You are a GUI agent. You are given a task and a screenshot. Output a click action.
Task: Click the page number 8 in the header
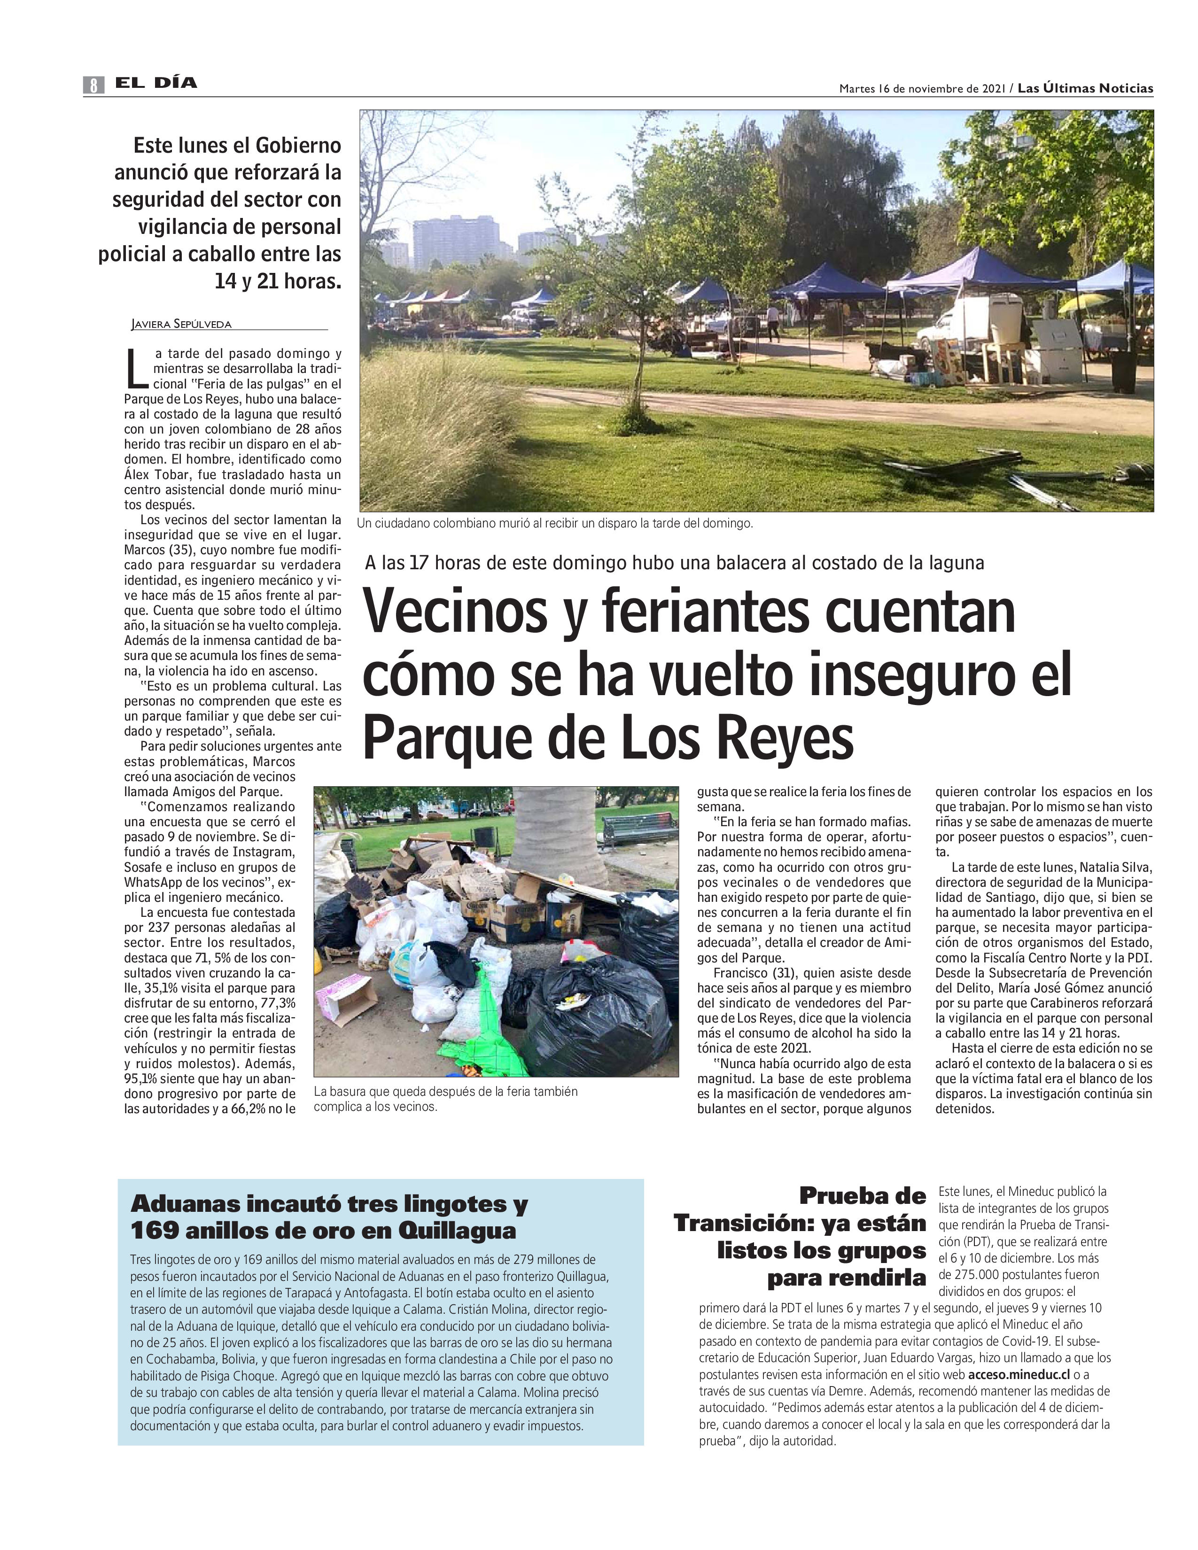pyautogui.click(x=93, y=85)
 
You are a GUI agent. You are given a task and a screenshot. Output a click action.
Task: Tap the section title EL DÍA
pyautogui.click(x=156, y=83)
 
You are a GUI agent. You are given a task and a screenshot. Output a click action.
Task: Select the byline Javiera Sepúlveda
pyautogui.click(x=182, y=325)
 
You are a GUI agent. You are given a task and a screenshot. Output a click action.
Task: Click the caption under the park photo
pyautogui.click(x=554, y=524)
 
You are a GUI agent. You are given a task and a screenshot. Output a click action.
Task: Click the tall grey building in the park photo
pyautogui.click(x=455, y=242)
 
